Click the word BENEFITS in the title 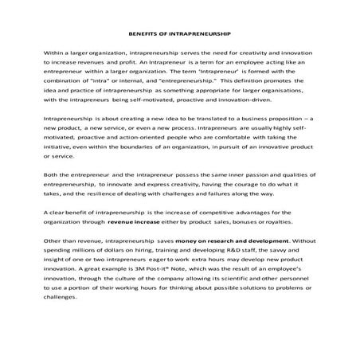coord(143,34)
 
